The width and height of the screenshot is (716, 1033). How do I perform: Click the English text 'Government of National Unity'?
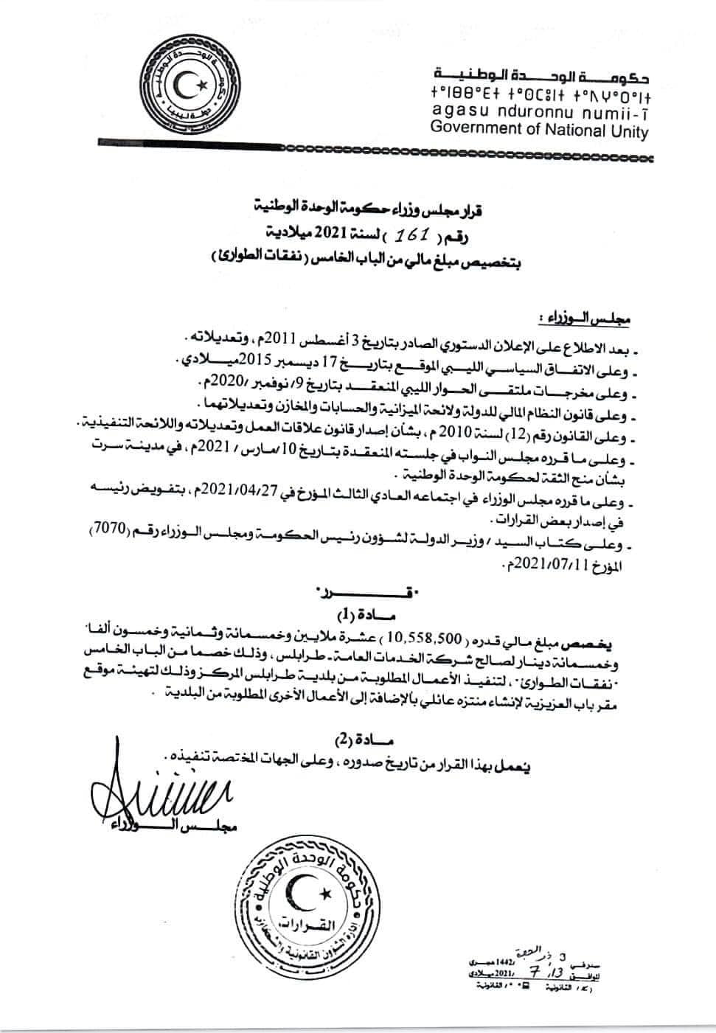coord(539,131)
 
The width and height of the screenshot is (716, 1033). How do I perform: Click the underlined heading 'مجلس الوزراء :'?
coord(586,319)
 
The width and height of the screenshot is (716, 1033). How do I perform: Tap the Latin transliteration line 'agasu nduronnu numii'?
coord(539,113)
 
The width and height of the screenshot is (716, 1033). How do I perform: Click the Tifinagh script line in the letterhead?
coord(539,95)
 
